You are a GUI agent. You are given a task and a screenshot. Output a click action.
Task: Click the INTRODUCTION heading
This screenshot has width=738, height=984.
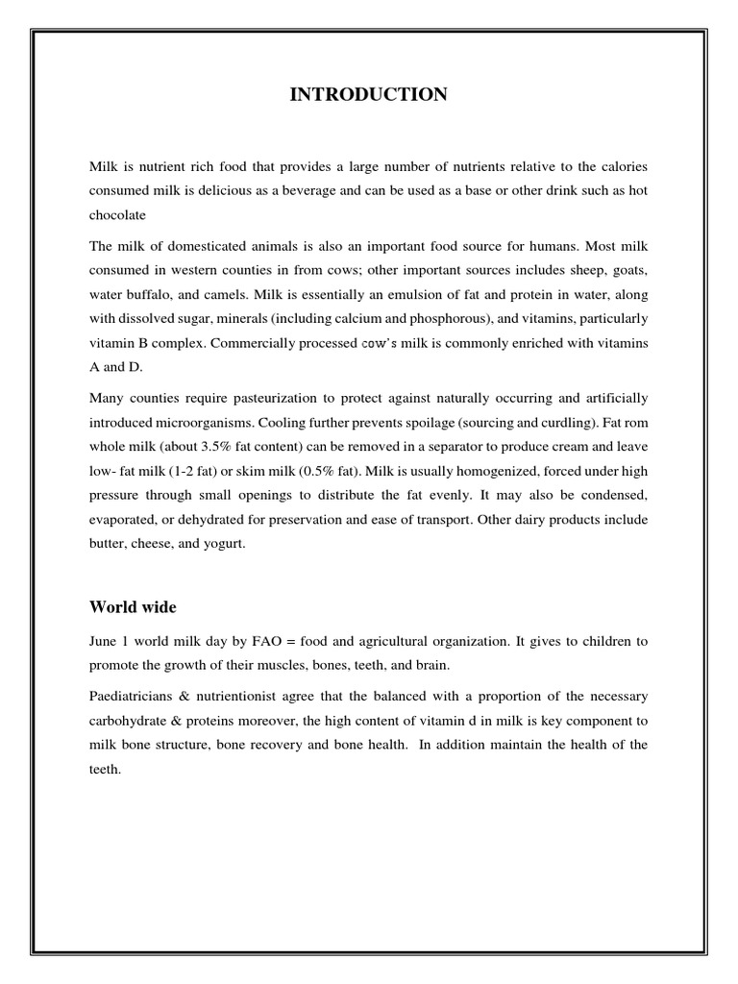coord(368,94)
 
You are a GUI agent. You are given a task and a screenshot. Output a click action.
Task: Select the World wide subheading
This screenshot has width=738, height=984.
coord(133,606)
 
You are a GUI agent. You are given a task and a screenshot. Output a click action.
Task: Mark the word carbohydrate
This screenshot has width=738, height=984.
coord(135,719)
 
